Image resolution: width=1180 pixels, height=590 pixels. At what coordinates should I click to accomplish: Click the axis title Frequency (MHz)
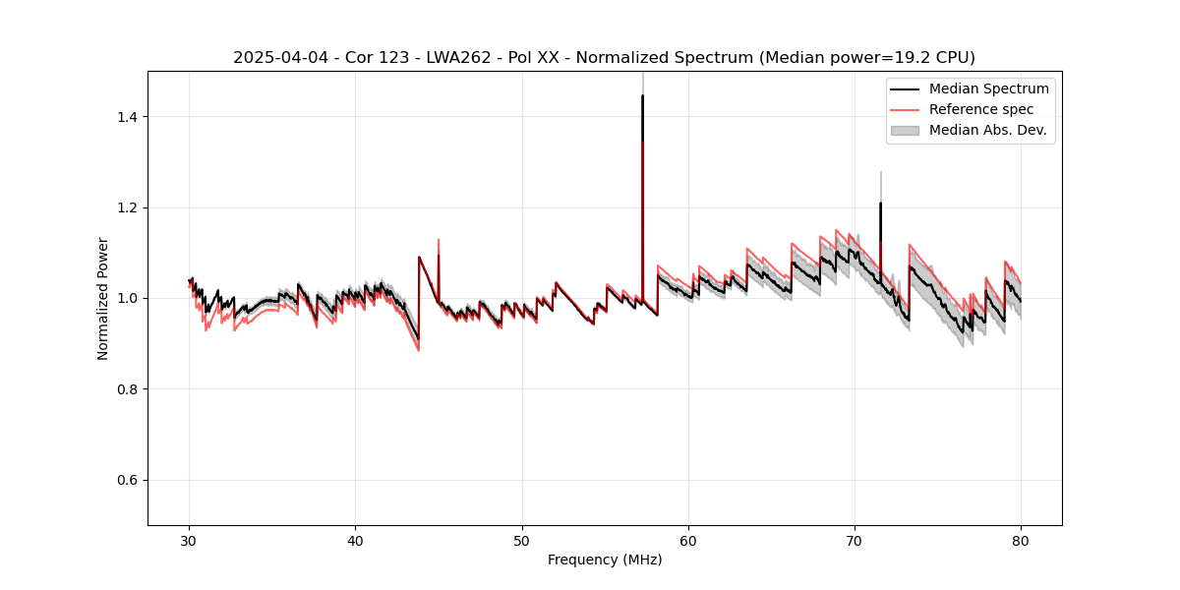(x=605, y=560)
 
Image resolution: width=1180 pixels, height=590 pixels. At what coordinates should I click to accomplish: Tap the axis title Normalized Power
(x=103, y=298)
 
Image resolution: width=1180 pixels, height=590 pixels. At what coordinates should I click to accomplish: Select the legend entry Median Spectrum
(x=988, y=88)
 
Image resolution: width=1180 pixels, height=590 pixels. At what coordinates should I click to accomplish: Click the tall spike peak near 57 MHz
(x=642, y=96)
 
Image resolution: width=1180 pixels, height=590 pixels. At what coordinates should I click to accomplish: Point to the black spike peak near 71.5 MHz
(x=880, y=204)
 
